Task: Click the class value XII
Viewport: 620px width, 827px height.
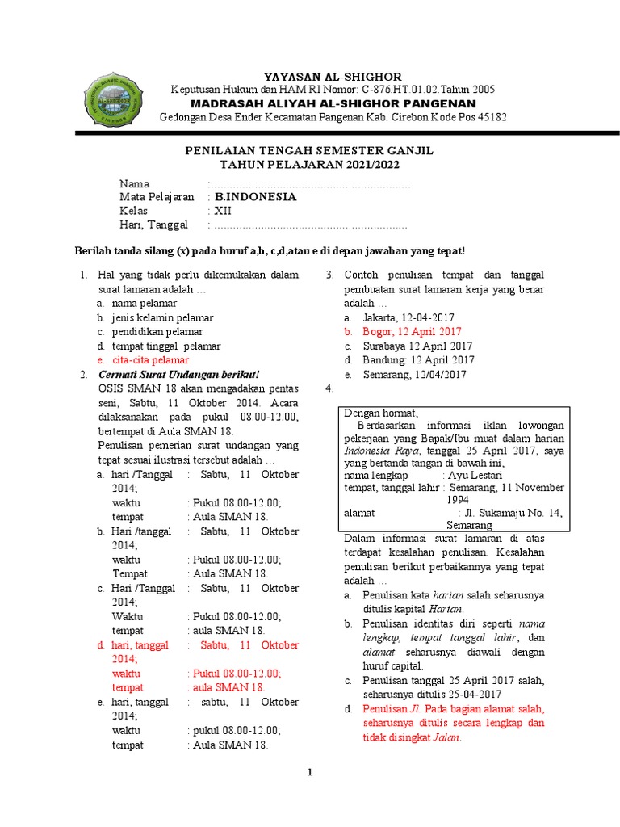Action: click(x=223, y=211)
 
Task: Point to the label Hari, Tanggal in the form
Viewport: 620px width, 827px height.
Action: click(x=153, y=225)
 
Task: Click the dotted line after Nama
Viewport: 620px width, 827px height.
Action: click(x=311, y=184)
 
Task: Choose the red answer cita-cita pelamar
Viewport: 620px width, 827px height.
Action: click(x=150, y=359)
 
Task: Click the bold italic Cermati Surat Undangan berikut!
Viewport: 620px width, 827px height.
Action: click(x=178, y=374)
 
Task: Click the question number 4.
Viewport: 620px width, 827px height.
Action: click(x=329, y=388)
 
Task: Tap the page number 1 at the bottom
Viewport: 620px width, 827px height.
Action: click(x=309, y=772)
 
